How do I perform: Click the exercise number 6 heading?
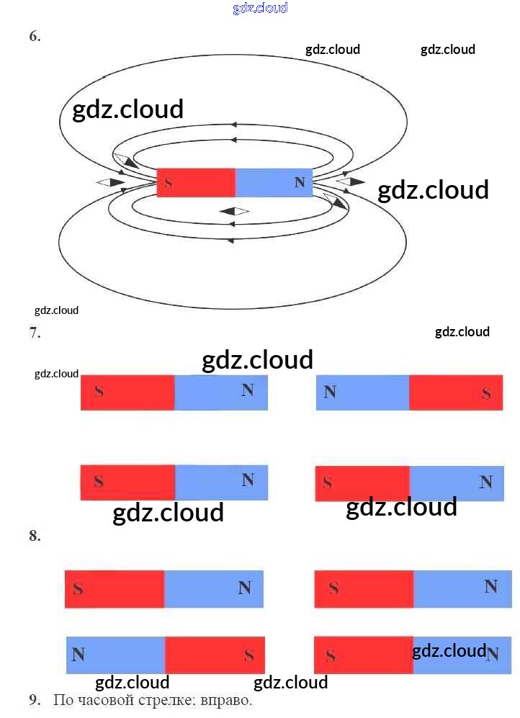pyautogui.click(x=35, y=37)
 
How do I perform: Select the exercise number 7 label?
pyautogui.click(x=35, y=333)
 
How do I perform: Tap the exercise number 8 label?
pyautogui.click(x=35, y=536)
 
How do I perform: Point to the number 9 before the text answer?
pyautogui.click(x=34, y=700)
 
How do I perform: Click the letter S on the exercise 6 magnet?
pyautogui.click(x=168, y=183)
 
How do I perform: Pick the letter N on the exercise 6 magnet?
pyautogui.click(x=300, y=182)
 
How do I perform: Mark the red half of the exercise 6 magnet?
pyautogui.click(x=196, y=182)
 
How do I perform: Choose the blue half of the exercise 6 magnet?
pyautogui.click(x=274, y=182)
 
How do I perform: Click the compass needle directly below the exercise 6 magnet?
pyautogui.click(x=233, y=211)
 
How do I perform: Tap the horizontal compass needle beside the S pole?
pyautogui.click(x=111, y=182)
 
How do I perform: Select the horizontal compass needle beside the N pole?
pyautogui.click(x=351, y=181)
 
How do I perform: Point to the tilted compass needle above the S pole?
pyautogui.click(x=125, y=161)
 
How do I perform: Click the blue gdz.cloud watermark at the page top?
pyautogui.click(x=260, y=8)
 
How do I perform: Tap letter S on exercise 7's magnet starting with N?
pyautogui.click(x=487, y=393)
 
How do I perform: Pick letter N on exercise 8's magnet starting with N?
pyautogui.click(x=79, y=655)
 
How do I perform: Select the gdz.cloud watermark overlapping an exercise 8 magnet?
pyautogui.click(x=449, y=651)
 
